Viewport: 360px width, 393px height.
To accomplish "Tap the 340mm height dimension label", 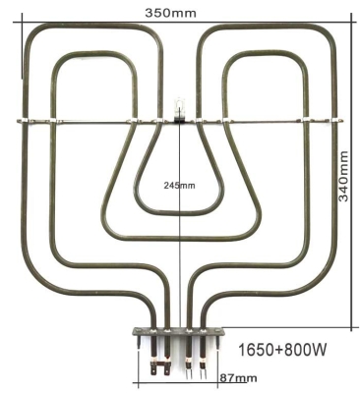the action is [344, 177].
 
